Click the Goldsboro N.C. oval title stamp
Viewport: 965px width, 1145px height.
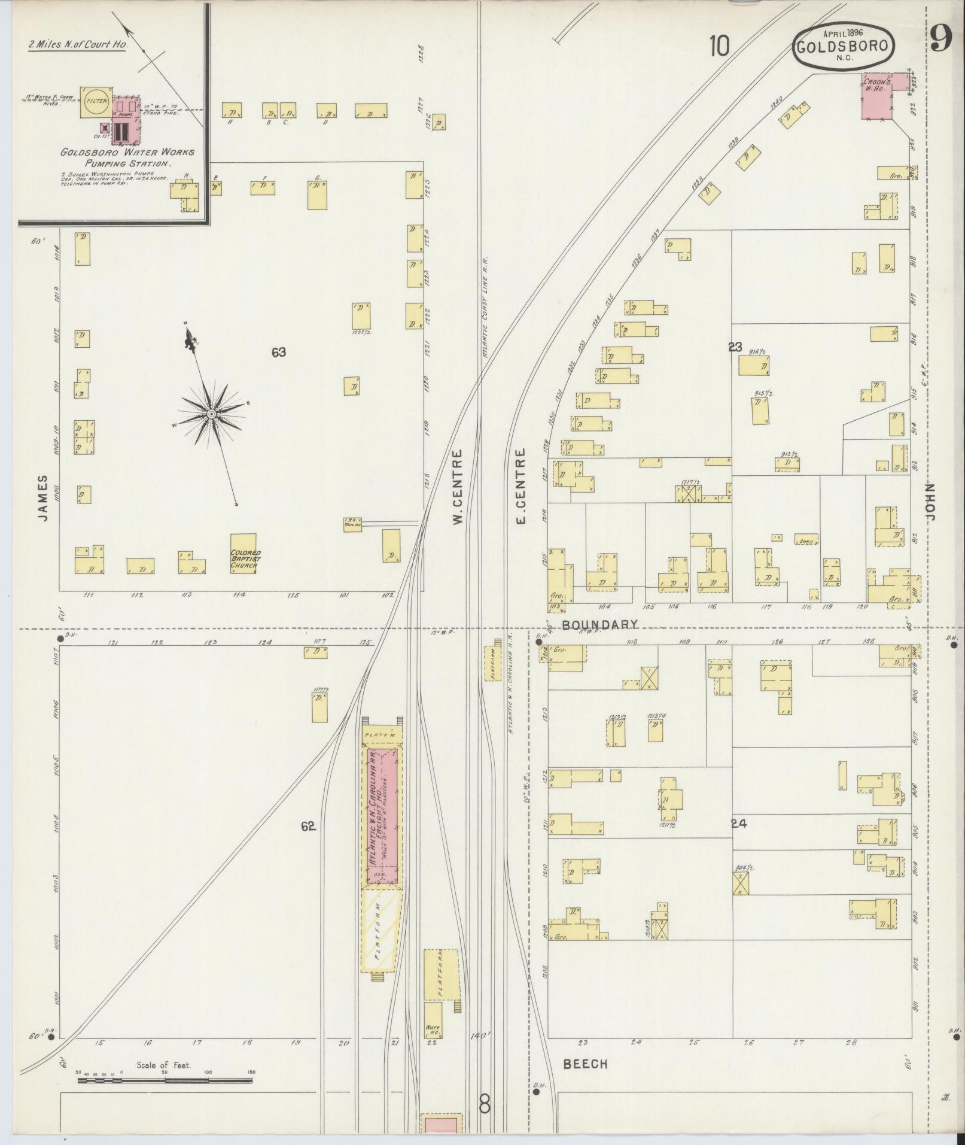click(x=844, y=46)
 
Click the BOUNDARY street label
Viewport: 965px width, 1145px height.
click(x=600, y=624)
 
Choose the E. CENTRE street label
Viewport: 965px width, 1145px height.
click(x=520, y=487)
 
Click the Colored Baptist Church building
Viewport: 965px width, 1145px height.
click(x=243, y=554)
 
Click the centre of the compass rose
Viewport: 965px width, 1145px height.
click(x=211, y=414)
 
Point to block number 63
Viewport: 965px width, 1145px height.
click(x=278, y=353)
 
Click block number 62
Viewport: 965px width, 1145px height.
click(x=308, y=827)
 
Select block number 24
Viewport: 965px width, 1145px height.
click(x=739, y=823)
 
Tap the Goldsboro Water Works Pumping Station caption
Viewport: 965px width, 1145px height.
click(x=127, y=157)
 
